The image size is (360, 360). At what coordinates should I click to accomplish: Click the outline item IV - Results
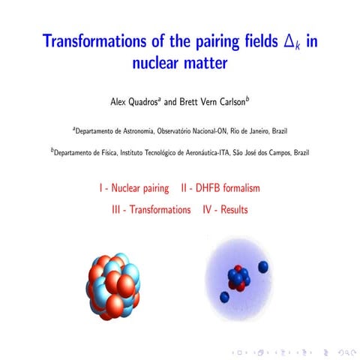point(225,210)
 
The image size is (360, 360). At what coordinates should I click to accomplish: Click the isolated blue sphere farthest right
point(263,266)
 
